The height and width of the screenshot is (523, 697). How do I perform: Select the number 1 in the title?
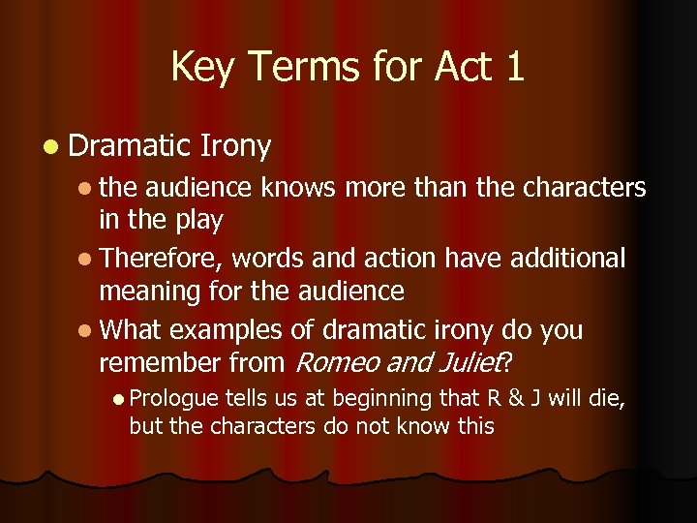tap(512, 68)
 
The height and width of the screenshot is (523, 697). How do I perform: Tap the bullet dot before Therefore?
tap(88, 260)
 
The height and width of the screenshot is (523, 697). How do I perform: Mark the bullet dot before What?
tap(88, 331)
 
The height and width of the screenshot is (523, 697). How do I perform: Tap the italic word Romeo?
tap(331, 362)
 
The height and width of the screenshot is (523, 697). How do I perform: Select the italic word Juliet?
tap(470, 362)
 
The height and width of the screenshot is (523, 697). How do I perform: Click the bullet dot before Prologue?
tap(118, 399)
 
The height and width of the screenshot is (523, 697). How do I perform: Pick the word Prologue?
tap(174, 399)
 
